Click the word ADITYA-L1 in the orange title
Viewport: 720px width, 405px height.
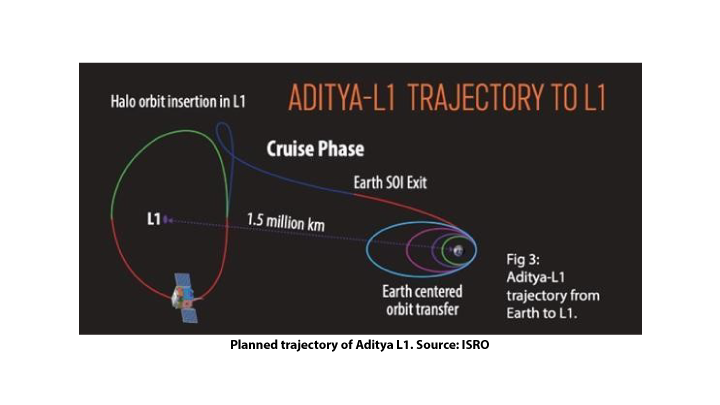pyautogui.click(x=342, y=97)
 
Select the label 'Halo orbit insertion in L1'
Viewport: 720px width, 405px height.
pyautogui.click(x=178, y=101)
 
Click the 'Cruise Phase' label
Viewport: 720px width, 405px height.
pyautogui.click(x=315, y=149)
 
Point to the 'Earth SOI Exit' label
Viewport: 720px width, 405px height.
pyautogui.click(x=390, y=182)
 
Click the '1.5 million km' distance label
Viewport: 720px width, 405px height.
pyautogui.click(x=286, y=222)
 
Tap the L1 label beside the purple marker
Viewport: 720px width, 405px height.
pyautogui.click(x=154, y=219)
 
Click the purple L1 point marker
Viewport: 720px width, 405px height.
pyautogui.click(x=166, y=220)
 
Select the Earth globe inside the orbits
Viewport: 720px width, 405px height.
pyautogui.click(x=458, y=250)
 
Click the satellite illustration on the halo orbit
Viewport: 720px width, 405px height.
pyautogui.click(x=186, y=298)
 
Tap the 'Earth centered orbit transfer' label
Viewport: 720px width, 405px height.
pyautogui.click(x=422, y=300)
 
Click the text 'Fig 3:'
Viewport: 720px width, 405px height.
pyautogui.click(x=523, y=259)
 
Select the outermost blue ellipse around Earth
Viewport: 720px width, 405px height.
pyautogui.click(x=367, y=249)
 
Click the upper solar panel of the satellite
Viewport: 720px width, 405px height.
pyautogui.click(x=182, y=282)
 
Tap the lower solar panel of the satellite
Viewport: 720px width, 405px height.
pyautogui.click(x=189, y=314)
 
